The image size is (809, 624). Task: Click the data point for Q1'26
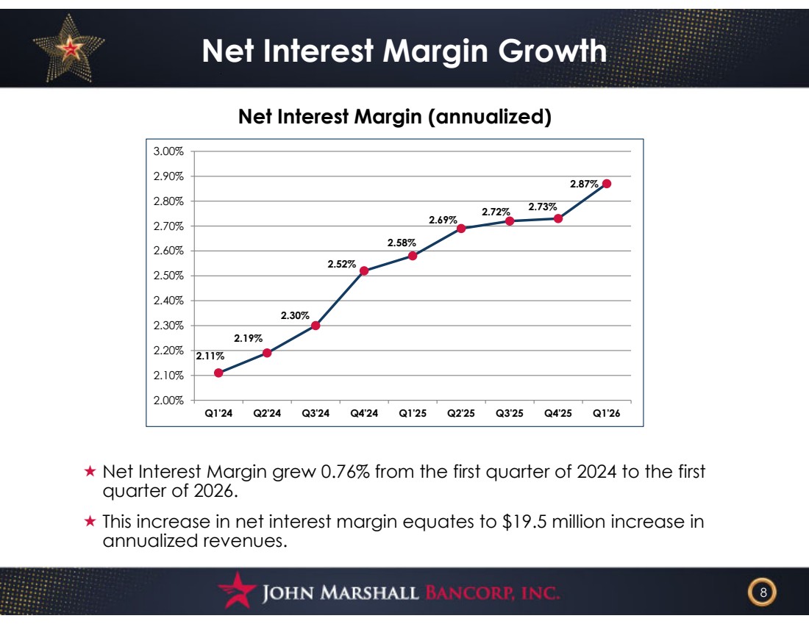pos(607,184)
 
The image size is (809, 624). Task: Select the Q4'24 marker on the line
pos(364,270)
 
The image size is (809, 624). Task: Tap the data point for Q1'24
pos(218,373)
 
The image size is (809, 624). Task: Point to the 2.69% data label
pos(443,220)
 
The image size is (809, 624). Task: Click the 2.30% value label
pos(295,315)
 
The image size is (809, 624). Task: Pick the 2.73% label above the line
pos(542,207)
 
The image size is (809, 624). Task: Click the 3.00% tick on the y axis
pos(168,151)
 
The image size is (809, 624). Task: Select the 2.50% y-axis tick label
pos(168,276)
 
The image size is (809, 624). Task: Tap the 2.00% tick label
pos(168,400)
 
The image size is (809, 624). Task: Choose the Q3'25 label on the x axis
pos(509,413)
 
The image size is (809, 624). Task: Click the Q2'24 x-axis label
pos(267,413)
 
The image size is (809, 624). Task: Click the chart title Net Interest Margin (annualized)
pos(395,117)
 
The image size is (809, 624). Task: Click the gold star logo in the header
pos(68,48)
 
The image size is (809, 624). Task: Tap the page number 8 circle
pos(763,592)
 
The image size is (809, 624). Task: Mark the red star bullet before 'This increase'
pos(90,521)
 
